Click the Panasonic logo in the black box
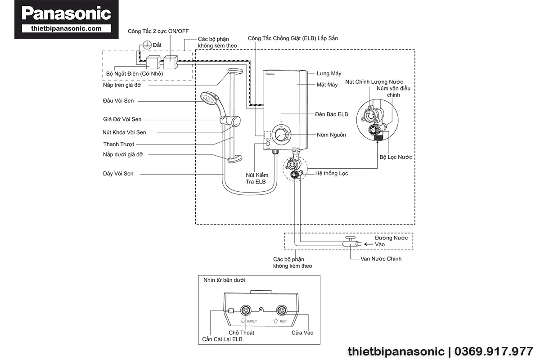pyautogui.click(x=66, y=13)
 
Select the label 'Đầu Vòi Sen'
pyautogui.click(x=118, y=101)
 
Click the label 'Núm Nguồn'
pyautogui.click(x=331, y=135)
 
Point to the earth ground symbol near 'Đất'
pyautogui.click(x=146, y=45)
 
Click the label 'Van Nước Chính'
pyautogui.click(x=381, y=259)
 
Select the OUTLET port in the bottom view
pyautogui.click(x=247, y=310)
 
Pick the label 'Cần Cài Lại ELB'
pyautogui.click(x=222, y=339)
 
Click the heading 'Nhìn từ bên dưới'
pyautogui.click(x=225, y=280)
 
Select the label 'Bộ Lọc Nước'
pyautogui.click(x=396, y=157)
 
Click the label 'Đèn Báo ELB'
pyautogui.click(x=332, y=114)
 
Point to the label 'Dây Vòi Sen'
pyautogui.click(x=118, y=174)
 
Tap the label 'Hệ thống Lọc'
pyautogui.click(x=332, y=173)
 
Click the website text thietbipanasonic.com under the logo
pyautogui.click(x=66, y=28)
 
